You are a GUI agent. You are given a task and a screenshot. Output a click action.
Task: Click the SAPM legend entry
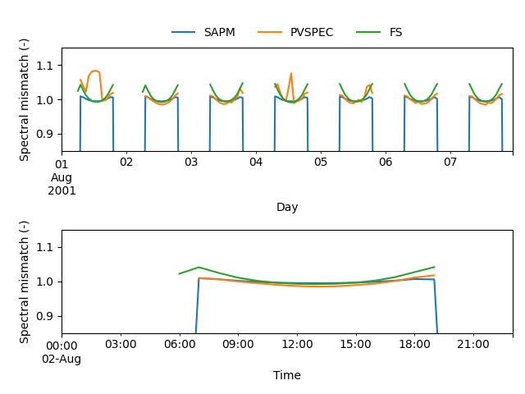219,33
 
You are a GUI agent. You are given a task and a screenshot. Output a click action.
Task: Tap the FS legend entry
395,33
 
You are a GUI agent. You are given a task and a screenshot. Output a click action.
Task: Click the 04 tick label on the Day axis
256,163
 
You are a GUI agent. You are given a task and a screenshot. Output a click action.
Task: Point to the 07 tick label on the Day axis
450,163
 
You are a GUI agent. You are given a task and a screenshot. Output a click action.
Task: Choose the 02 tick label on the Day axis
126,163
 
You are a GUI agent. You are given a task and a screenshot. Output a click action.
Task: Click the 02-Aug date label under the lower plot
62,359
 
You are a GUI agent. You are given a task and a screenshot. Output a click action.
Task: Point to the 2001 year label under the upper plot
62,190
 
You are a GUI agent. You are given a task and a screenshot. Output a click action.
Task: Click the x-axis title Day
287,208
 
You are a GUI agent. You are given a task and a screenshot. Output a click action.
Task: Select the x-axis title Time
287,376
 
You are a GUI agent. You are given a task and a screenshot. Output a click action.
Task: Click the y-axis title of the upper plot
25,99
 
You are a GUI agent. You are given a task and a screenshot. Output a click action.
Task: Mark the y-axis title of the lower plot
25,282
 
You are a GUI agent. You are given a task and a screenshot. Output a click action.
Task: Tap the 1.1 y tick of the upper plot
46,65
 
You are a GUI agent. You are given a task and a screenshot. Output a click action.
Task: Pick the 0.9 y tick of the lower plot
46,316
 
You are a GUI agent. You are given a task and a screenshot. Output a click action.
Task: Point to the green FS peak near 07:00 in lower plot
199,267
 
